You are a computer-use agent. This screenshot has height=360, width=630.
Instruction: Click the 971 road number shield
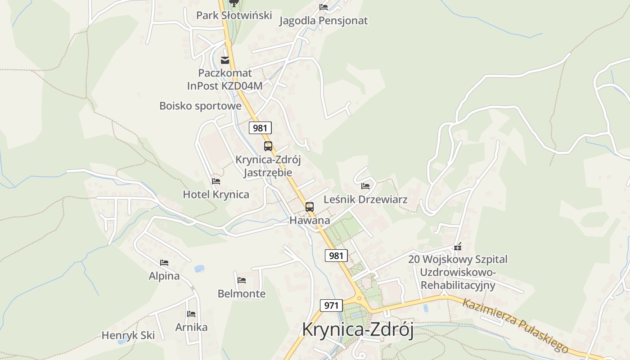pos(331,306)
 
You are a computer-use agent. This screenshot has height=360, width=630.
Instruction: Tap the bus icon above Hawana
pos(310,207)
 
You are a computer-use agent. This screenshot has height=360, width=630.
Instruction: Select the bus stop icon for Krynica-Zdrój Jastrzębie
pos(268,146)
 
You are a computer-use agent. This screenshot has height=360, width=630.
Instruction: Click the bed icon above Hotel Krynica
pos(216,181)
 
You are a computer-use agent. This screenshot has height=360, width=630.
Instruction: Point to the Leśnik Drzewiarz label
pos(365,199)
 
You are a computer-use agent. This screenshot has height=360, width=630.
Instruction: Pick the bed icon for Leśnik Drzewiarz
pos(365,186)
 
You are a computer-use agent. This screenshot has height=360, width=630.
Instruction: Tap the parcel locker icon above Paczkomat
pos(225,60)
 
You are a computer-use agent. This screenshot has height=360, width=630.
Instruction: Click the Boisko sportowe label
pos(200,106)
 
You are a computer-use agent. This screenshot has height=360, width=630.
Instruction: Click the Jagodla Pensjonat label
pos(323,21)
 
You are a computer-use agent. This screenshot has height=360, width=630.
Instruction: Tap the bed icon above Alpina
pos(164,263)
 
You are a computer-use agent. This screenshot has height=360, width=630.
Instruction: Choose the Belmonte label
pos(242,294)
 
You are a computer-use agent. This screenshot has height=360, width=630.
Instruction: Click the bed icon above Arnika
pos(191,314)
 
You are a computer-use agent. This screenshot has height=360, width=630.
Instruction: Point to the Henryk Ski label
pos(128,335)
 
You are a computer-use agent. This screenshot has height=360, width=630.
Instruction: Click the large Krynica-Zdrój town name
pos(358,329)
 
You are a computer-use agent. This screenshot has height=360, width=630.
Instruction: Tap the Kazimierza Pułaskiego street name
pos(515,325)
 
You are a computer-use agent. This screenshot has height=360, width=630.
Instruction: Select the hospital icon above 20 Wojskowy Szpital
pos(458,247)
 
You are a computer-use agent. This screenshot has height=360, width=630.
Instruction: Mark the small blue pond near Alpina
pos(199,269)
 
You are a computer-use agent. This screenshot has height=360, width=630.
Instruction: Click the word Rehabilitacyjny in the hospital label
pos(458,285)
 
